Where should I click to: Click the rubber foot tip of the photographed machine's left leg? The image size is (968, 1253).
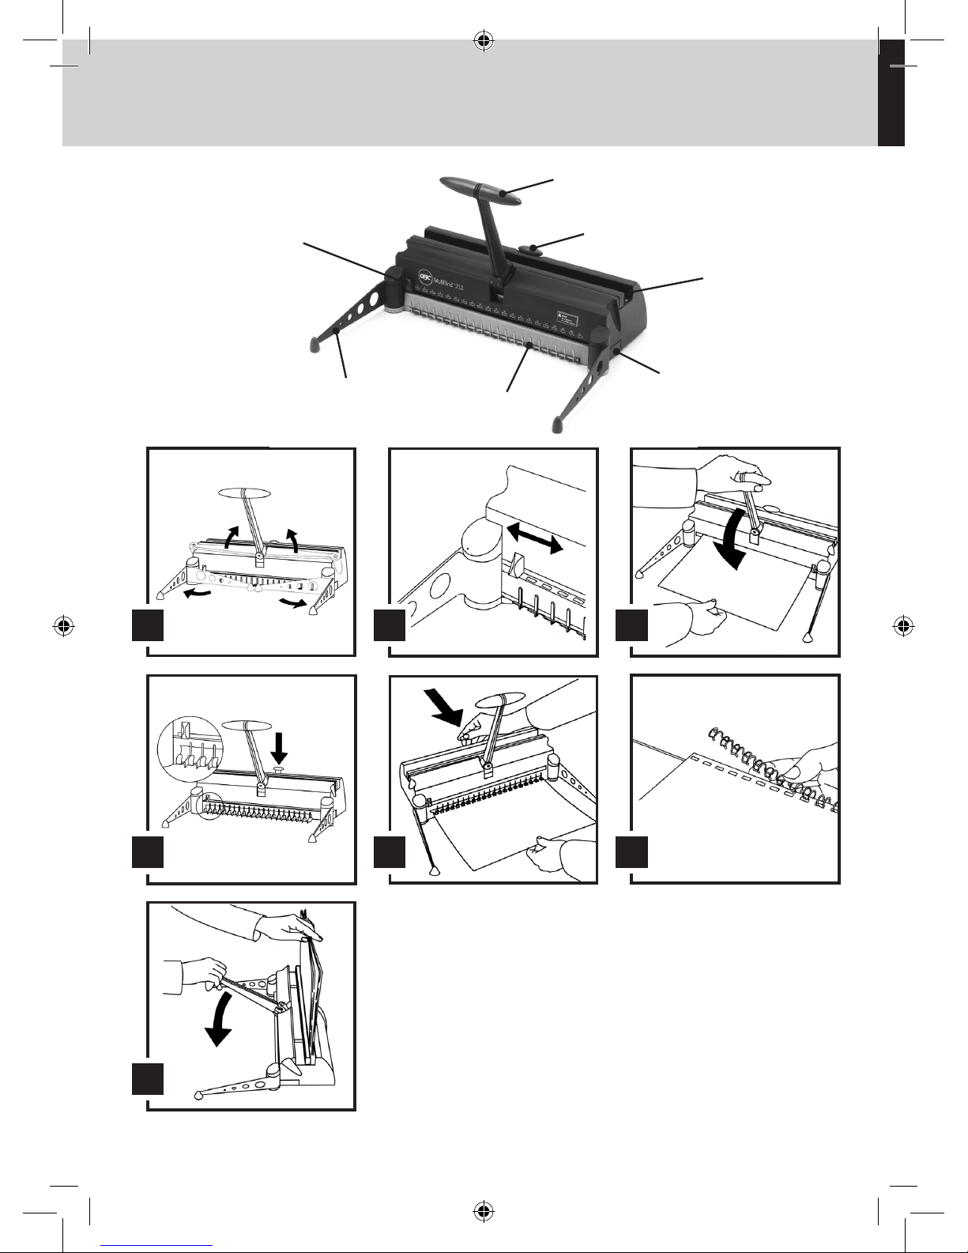(314, 343)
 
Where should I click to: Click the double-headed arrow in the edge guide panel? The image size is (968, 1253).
(535, 538)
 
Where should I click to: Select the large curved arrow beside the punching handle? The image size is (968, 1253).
(734, 538)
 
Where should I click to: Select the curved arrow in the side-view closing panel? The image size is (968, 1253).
(218, 1020)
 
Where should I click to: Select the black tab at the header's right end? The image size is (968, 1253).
(891, 92)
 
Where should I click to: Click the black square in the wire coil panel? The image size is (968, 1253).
(631, 852)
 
